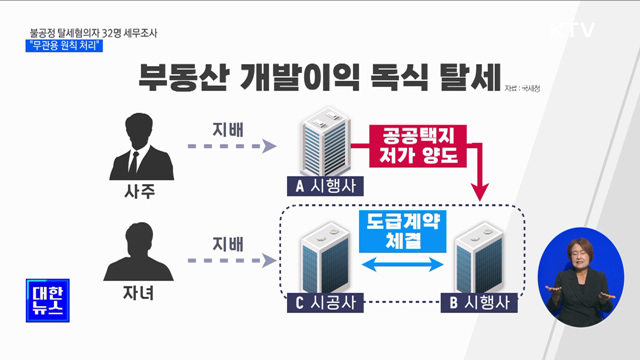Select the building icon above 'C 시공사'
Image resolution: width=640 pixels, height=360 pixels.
pos(326,255)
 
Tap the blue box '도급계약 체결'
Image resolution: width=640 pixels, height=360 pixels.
pos(402,231)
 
